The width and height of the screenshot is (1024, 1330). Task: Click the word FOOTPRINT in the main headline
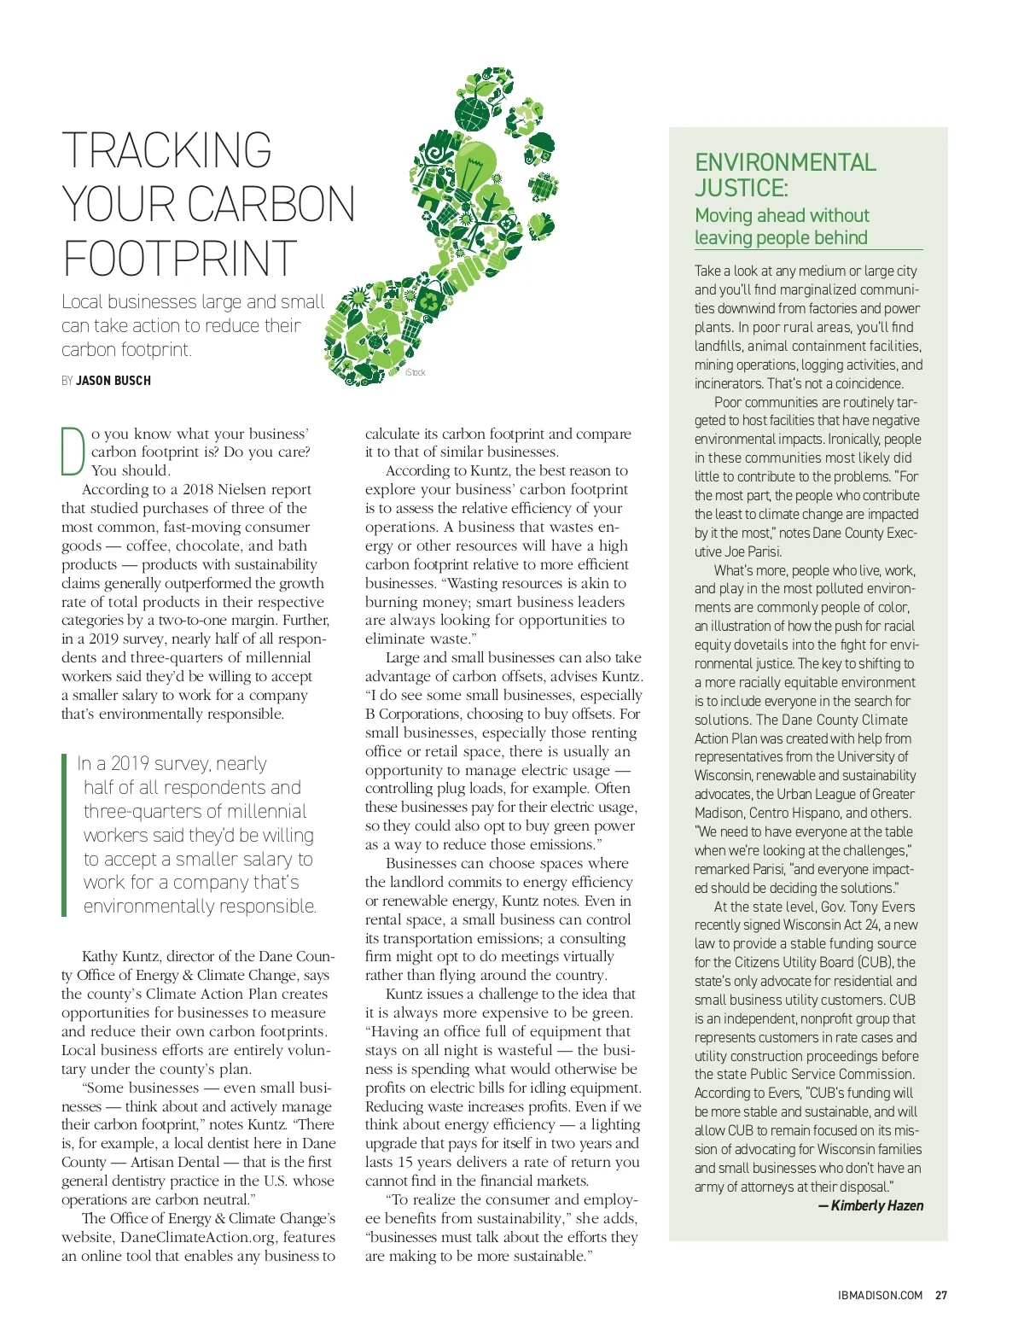(x=179, y=258)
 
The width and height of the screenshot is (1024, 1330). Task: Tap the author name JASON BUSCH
(x=113, y=381)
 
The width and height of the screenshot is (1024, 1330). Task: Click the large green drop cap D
(x=73, y=450)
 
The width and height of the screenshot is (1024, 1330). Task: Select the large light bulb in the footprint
(x=474, y=166)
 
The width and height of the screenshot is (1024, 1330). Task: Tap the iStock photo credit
(x=416, y=372)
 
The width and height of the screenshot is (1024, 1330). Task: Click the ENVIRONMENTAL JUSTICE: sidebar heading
(x=784, y=175)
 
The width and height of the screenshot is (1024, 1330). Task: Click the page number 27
(x=940, y=1295)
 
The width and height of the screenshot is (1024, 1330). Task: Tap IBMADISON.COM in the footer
(x=880, y=1295)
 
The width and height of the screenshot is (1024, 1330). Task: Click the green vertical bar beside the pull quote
(x=64, y=834)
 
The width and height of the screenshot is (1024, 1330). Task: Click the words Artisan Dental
(x=176, y=1162)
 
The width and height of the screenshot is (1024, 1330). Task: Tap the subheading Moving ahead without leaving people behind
(x=782, y=226)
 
